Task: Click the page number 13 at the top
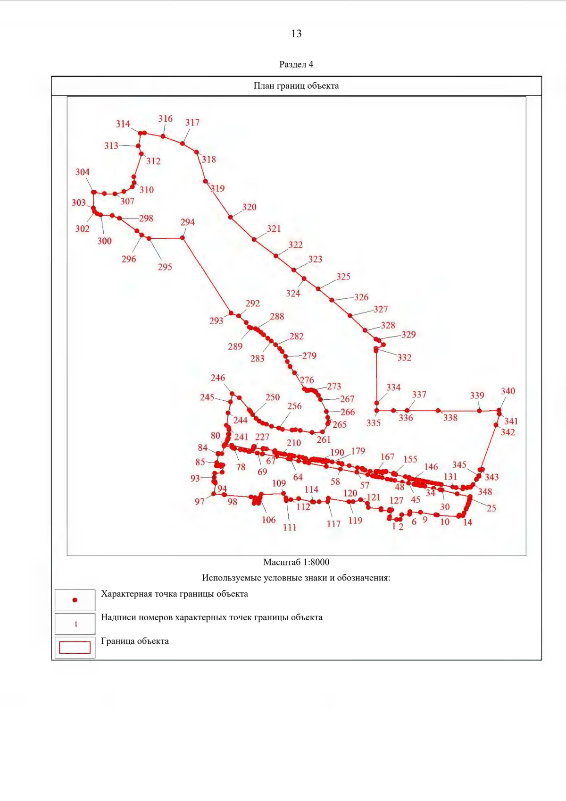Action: point(296,34)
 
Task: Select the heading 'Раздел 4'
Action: point(296,64)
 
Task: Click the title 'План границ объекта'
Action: point(296,86)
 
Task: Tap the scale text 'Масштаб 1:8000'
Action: point(296,562)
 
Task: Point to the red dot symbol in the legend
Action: point(75,600)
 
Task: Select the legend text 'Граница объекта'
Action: point(135,641)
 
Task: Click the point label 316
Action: point(166,119)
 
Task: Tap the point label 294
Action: point(188,222)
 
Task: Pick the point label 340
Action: point(508,391)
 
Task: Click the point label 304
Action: point(83,172)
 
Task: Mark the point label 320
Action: point(250,207)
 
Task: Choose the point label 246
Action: point(218,378)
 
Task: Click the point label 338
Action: point(450,418)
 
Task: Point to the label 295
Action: point(165,267)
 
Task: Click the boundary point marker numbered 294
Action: point(183,238)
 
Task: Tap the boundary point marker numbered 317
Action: point(183,143)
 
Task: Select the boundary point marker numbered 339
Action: point(480,411)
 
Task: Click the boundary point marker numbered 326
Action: point(332,300)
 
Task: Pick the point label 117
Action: point(334,524)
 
